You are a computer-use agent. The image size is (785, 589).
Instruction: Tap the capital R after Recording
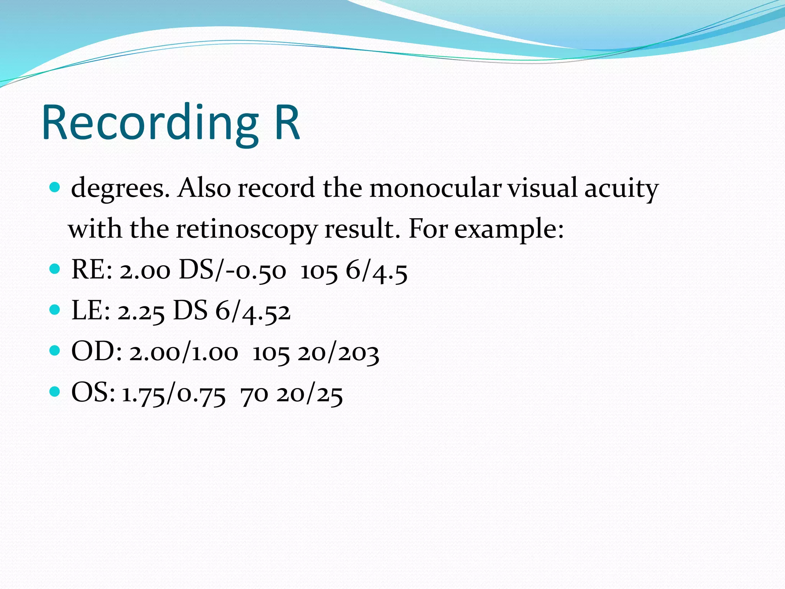[287, 123]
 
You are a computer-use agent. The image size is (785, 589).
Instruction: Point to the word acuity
[621, 189]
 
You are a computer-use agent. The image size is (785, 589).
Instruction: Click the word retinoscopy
[246, 229]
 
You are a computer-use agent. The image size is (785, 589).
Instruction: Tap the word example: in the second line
[509, 229]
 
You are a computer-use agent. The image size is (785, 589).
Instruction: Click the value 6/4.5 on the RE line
[376, 271]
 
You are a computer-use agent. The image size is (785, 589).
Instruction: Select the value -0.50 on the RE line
[256, 270]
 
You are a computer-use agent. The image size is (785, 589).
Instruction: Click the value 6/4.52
[253, 311]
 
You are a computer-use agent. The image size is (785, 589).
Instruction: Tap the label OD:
[97, 352]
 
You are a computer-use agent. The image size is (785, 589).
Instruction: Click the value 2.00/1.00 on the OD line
[184, 352]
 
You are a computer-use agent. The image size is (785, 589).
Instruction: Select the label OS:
[93, 393]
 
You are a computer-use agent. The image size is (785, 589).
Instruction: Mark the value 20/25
[310, 393]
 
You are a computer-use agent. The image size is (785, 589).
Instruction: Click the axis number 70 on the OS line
[254, 393]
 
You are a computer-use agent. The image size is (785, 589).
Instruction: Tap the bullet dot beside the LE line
[55, 309]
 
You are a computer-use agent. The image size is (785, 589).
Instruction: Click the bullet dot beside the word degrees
[55, 188]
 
